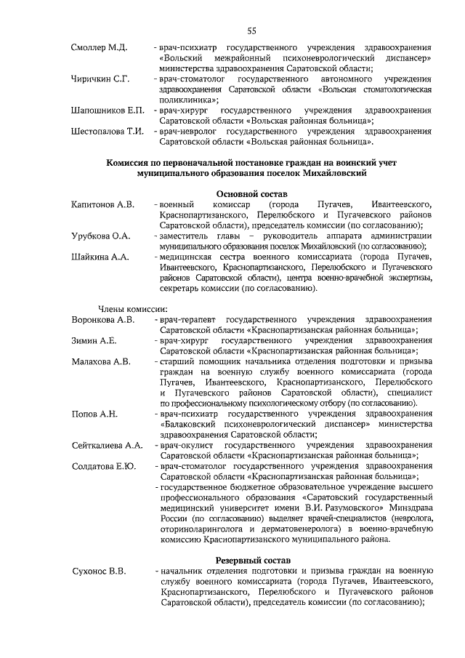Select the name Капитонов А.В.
pyautogui.click(x=103, y=205)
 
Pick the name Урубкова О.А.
pyautogui.click(x=101, y=236)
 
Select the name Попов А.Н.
pyautogui.click(x=94, y=414)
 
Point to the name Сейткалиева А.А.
pyautogui.click(x=107, y=445)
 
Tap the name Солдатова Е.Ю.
pyautogui.click(x=104, y=466)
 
